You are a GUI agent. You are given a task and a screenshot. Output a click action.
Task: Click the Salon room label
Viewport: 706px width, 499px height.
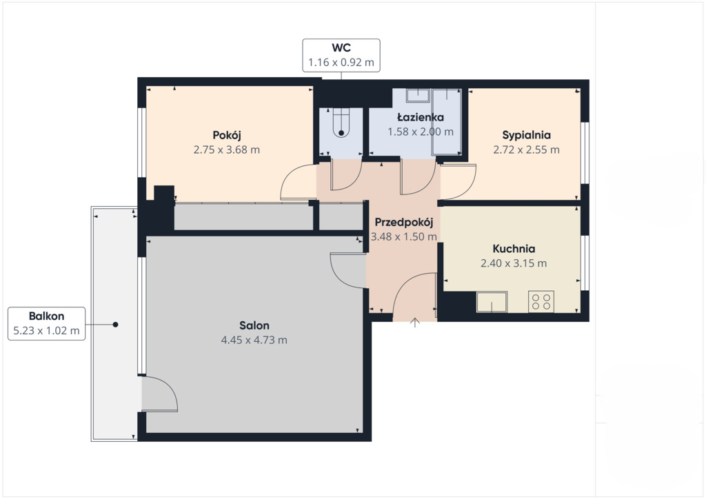point(254,325)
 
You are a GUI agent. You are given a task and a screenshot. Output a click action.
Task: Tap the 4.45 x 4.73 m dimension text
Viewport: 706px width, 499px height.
point(254,340)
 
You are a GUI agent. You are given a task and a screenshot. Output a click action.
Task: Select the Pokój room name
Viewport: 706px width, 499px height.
point(227,136)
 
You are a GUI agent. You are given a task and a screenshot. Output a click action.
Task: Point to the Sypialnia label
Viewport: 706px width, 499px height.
point(526,136)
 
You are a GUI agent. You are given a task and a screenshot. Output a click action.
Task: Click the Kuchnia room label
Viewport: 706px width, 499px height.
point(514,249)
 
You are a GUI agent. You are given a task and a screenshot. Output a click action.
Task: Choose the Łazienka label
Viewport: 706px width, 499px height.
point(420,117)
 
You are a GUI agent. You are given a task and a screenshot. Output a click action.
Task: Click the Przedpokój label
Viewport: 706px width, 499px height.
point(404,223)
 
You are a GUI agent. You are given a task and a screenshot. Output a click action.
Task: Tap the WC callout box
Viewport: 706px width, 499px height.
point(341,55)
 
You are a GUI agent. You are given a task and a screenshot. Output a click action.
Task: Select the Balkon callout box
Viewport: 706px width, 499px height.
point(46,323)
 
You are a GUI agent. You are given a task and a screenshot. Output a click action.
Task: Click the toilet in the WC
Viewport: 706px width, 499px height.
point(341,122)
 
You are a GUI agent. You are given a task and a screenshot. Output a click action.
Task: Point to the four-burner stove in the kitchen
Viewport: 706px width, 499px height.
point(541,301)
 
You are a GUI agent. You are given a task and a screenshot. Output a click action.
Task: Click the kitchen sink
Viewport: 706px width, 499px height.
point(492,302)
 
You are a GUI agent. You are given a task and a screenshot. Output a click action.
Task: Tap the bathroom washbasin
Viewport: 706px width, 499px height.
point(418,95)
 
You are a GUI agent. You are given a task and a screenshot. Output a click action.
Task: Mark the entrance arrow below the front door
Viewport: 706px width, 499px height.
point(415,323)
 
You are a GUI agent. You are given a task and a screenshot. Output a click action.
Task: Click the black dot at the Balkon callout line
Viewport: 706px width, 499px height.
point(115,325)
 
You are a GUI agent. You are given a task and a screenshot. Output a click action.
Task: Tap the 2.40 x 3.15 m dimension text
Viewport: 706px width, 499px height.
point(514,263)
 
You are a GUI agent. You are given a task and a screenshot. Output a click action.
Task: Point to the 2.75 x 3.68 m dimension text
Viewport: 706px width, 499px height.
point(227,150)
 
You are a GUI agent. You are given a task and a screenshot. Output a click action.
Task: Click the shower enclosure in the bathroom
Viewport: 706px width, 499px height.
point(447,122)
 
